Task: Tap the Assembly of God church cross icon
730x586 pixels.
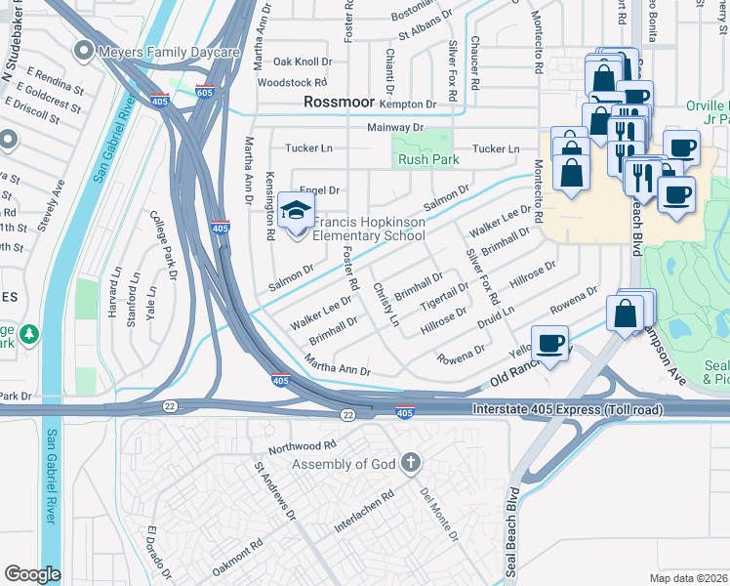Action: click(x=412, y=462)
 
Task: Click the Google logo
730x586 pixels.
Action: click(x=32, y=574)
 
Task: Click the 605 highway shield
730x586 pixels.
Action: click(x=204, y=93)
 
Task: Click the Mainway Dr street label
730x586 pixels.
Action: click(x=395, y=127)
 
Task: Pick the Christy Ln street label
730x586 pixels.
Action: click(x=386, y=305)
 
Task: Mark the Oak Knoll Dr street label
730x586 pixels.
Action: click(x=303, y=61)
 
